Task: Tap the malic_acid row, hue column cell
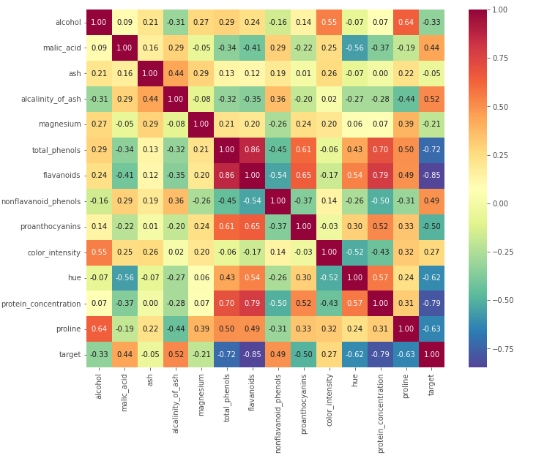click(354, 48)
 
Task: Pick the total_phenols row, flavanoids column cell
click(252, 150)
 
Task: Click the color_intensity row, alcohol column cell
click(99, 252)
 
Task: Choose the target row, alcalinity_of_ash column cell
click(176, 354)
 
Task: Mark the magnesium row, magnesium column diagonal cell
click(201, 124)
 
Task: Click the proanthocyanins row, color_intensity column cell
click(329, 227)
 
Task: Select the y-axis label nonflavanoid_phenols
click(41, 201)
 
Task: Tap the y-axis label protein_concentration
click(41, 304)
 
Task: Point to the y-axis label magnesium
click(60, 124)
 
